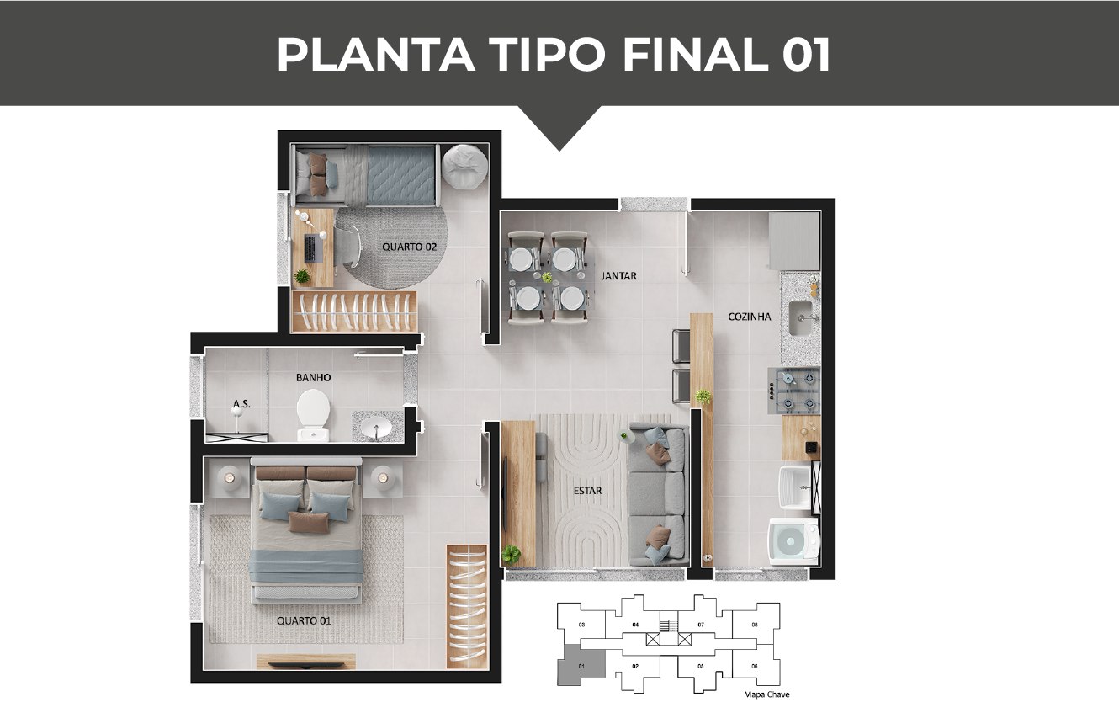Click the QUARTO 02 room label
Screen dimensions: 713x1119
pyautogui.click(x=409, y=247)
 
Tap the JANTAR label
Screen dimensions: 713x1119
pyautogui.click(x=618, y=275)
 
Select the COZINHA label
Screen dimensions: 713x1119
pyautogui.click(x=750, y=317)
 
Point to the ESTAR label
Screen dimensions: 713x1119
pyautogui.click(x=588, y=490)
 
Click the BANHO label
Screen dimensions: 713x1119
pyautogui.click(x=312, y=378)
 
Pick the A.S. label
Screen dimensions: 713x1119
pyautogui.click(x=241, y=404)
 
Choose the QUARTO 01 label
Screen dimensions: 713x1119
pyautogui.click(x=304, y=620)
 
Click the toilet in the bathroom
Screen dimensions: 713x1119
pyautogui.click(x=313, y=413)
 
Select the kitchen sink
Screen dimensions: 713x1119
pyautogui.click(x=800, y=317)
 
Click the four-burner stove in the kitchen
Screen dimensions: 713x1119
pyautogui.click(x=796, y=392)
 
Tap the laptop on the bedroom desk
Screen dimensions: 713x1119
pyautogui.click(x=310, y=247)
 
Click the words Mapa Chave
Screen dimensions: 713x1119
pyautogui.click(x=767, y=694)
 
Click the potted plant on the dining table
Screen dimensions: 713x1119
pyautogui.click(x=547, y=277)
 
